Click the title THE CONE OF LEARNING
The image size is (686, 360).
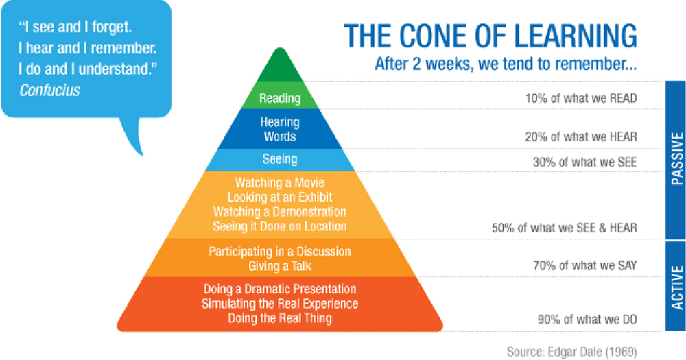[x=490, y=36]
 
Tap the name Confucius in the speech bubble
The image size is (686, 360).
[x=49, y=90]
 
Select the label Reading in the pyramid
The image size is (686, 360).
[x=280, y=98]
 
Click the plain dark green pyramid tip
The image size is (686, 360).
[x=280, y=67]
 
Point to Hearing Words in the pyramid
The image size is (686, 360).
[x=280, y=129]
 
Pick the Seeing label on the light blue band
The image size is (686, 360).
[x=280, y=159]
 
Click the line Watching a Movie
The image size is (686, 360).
[x=280, y=182]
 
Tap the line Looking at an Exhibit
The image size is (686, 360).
[x=280, y=197]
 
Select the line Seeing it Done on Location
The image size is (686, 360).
[x=280, y=226]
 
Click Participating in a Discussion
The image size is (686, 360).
[x=280, y=252]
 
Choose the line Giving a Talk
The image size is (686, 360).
[x=280, y=266]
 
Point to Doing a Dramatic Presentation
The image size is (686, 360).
[x=280, y=289]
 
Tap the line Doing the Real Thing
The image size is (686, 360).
[x=280, y=318]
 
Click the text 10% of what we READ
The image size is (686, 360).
[x=581, y=98]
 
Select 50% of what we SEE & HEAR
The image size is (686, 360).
[x=565, y=228]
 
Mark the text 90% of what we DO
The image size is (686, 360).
[x=587, y=320]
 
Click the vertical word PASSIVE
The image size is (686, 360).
[x=676, y=159]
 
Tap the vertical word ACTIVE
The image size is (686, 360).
[x=676, y=287]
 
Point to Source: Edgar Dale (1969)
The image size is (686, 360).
[x=572, y=351]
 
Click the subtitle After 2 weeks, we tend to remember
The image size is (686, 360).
[x=506, y=64]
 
